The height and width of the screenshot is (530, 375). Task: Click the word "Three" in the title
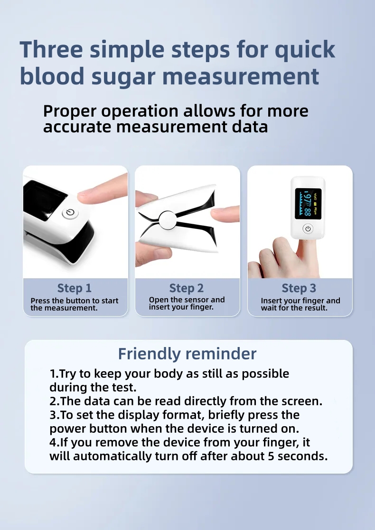[x=51, y=49]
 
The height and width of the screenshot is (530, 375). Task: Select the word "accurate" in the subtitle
[x=77, y=127]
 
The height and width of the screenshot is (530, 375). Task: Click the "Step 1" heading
[x=75, y=288]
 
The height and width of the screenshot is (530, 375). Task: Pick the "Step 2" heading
[x=187, y=288]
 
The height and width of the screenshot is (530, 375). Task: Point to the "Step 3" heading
[x=299, y=288]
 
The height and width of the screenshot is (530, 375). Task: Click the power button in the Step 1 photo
[x=70, y=213]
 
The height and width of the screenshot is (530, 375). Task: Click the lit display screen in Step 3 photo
[x=308, y=203]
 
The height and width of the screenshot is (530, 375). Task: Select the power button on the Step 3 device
[x=308, y=229]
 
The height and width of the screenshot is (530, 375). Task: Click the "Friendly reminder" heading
[x=187, y=354]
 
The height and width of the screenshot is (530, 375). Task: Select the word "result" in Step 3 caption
[x=317, y=308]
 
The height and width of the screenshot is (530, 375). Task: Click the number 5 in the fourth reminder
[x=271, y=457]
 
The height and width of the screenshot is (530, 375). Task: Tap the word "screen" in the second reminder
[x=302, y=401]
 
